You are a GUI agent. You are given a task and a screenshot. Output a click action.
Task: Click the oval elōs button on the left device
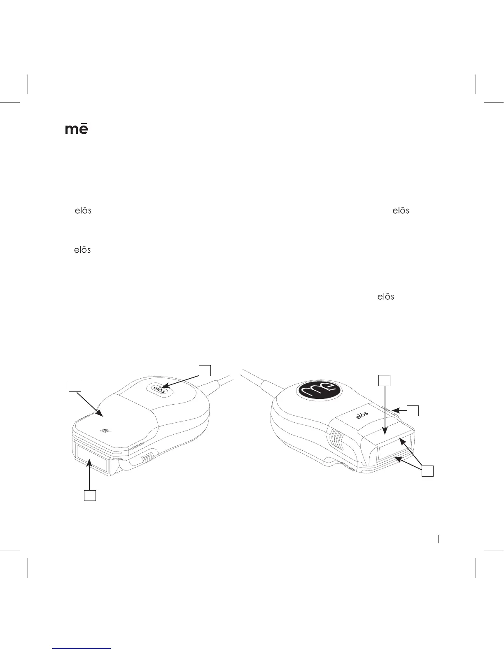(x=159, y=389)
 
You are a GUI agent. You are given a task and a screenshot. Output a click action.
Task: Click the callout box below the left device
(x=90, y=495)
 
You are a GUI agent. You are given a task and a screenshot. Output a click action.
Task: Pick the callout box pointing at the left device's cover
(x=75, y=386)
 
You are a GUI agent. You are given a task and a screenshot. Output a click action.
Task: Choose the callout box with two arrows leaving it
(x=428, y=471)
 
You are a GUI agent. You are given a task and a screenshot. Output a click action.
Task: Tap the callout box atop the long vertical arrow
(x=384, y=380)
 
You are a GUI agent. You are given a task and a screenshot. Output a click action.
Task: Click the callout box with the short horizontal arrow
(x=413, y=410)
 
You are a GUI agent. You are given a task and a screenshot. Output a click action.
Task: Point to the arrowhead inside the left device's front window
(x=89, y=464)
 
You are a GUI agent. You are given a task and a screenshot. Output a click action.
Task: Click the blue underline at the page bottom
(x=82, y=648)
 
